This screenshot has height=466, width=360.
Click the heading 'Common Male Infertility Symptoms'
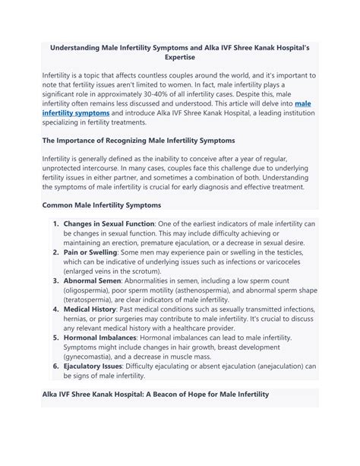101,204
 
